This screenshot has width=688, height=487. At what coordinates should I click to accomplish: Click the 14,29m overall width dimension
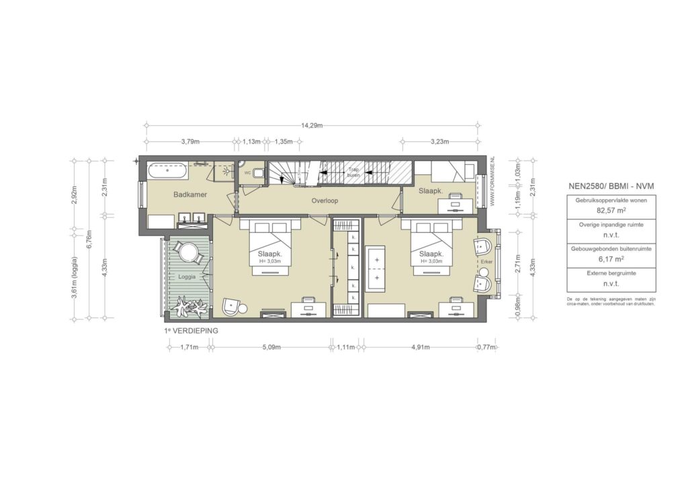311,125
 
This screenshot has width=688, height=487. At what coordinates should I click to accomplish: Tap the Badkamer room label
189,195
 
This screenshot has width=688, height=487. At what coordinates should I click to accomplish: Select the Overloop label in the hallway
324,201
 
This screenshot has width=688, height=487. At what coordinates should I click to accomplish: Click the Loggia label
186,276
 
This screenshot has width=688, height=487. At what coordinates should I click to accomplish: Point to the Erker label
486,262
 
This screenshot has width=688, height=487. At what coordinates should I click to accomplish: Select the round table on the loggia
187,253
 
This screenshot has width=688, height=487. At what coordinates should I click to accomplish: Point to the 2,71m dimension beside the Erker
518,261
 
